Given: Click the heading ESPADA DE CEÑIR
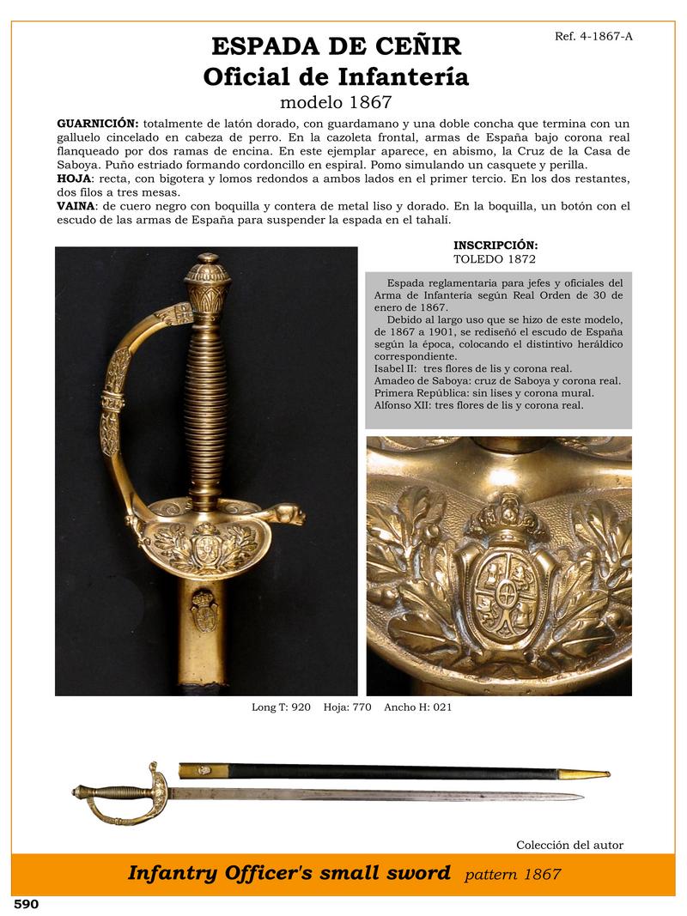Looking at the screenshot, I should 337,46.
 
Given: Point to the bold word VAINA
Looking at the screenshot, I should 76,206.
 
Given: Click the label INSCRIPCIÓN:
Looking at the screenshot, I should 495,246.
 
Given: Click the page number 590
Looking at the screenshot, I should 26,904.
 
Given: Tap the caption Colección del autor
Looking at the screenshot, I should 569,845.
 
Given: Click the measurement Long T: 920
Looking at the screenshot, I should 281,707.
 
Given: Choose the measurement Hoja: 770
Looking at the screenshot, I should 348,707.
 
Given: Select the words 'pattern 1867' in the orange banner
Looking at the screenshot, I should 513,875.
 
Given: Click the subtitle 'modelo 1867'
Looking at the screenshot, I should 337,103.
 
